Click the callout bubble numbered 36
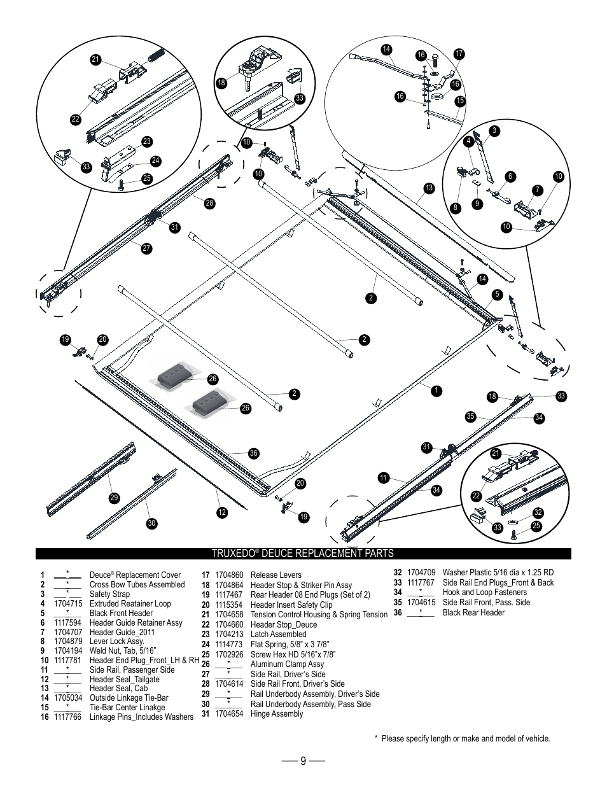(254, 453)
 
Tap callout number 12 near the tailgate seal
(222, 512)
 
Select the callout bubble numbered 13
(429, 188)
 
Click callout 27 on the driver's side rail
(147, 248)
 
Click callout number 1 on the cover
(437, 389)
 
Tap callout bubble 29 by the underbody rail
(115, 498)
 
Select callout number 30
(151, 523)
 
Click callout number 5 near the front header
(498, 294)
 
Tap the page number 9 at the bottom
(303, 761)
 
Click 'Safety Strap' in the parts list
(109, 594)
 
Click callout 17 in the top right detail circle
(459, 55)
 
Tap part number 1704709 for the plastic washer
(421, 572)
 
